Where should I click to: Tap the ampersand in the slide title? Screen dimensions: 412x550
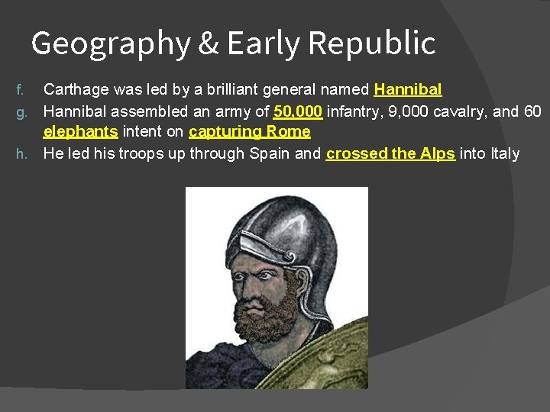click(x=208, y=43)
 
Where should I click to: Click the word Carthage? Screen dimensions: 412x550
click(x=76, y=90)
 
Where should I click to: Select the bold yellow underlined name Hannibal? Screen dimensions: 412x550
click(x=408, y=90)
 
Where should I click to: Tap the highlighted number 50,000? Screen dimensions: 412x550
click(x=298, y=111)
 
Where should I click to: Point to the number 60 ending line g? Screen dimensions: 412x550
click(x=532, y=111)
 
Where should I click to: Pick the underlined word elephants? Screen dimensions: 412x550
click(x=80, y=132)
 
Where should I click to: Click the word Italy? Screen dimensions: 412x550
click(x=504, y=153)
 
